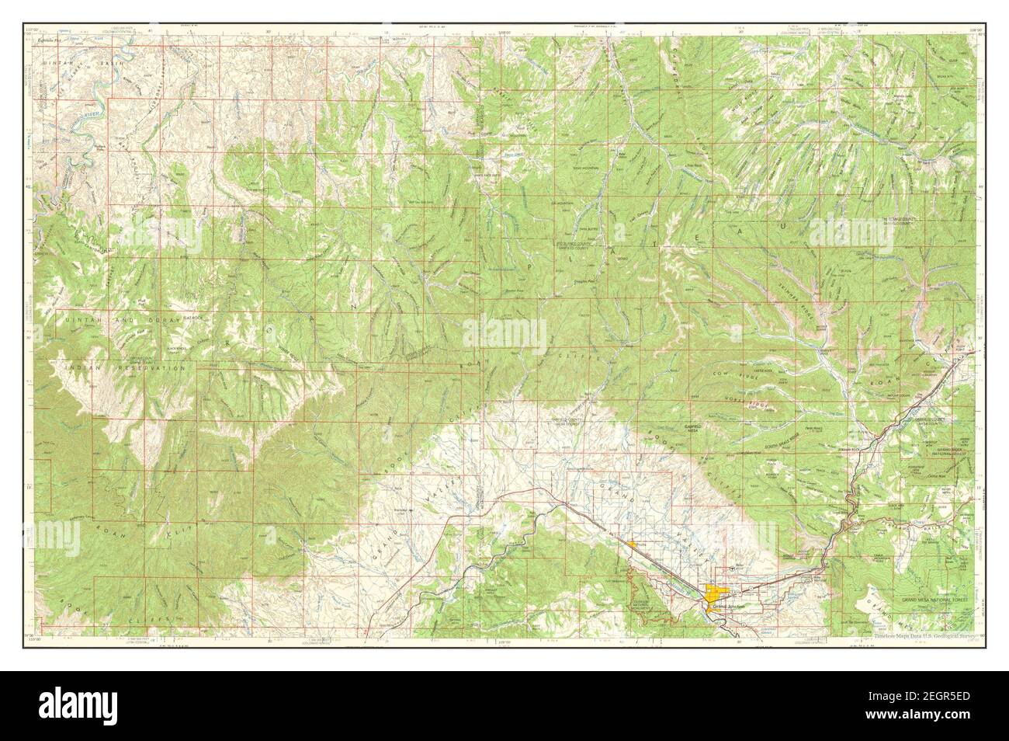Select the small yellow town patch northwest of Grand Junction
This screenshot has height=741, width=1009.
635,544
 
